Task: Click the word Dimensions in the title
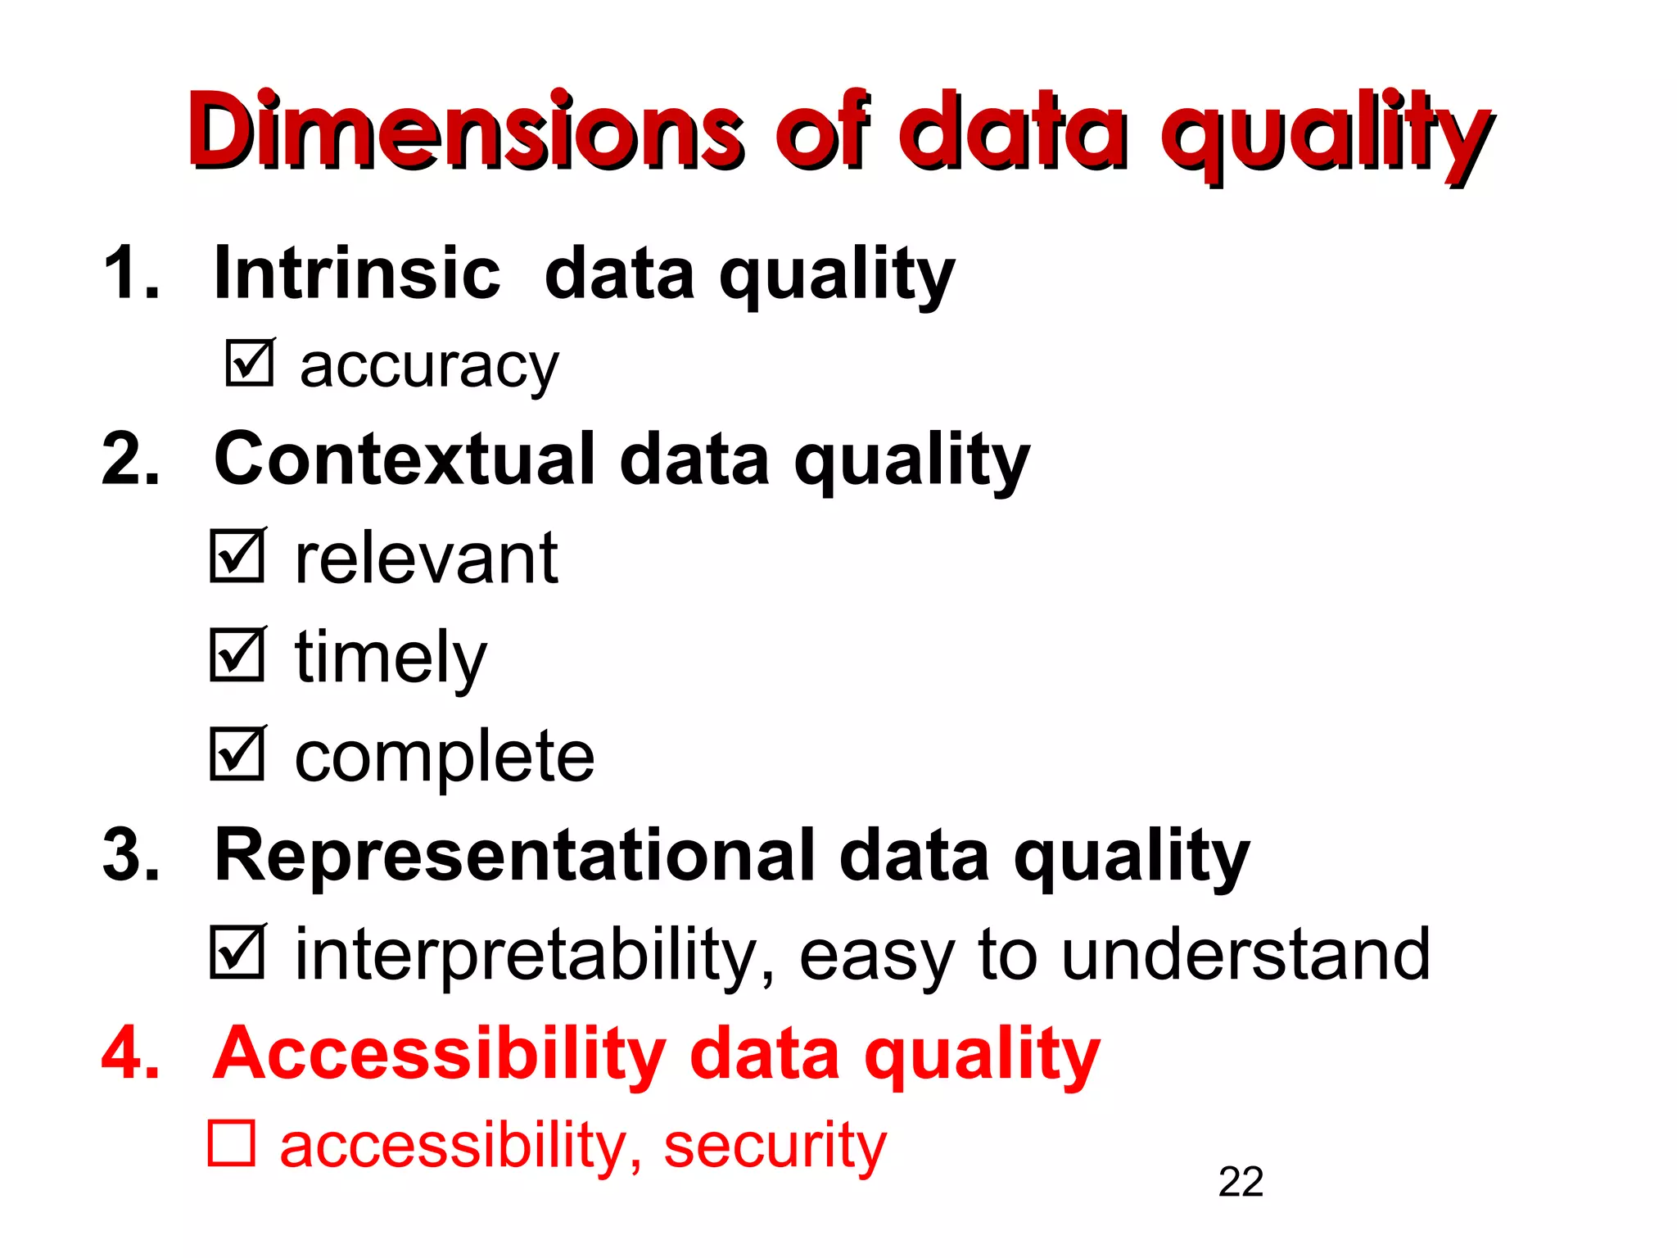pos(465,131)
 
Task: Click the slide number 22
pos(1241,1182)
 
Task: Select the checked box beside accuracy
pos(250,363)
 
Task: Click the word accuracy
pos(428,366)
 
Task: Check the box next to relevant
pos(237,556)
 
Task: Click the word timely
pos(391,658)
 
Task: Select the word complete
pos(444,757)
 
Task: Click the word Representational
pos(513,856)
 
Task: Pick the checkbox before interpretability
pos(237,952)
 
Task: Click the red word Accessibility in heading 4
pos(439,1054)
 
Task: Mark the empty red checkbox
pos(232,1143)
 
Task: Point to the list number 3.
pos(129,856)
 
